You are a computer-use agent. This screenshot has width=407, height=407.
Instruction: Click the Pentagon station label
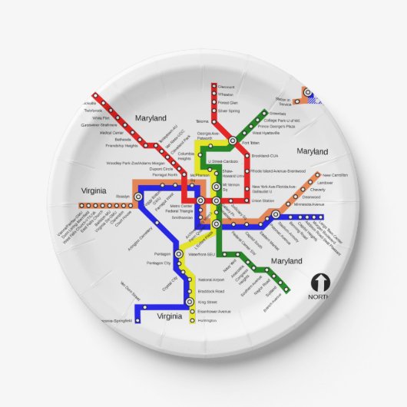[162, 253]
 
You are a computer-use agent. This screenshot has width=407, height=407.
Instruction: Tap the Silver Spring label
[229, 111]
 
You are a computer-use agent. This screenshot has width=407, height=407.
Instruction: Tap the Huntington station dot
[190, 319]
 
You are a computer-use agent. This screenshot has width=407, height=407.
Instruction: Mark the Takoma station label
[202, 121]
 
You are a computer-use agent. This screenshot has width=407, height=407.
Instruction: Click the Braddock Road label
[210, 292]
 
